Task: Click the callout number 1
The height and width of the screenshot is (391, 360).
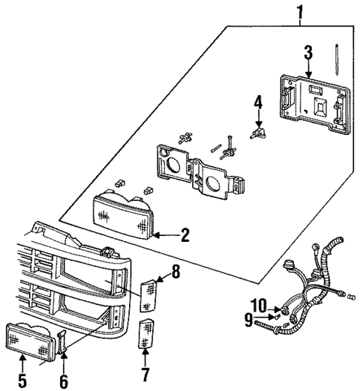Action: click(x=301, y=11)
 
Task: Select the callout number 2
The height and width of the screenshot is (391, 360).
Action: click(x=185, y=236)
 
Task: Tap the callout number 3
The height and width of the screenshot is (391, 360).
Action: click(x=307, y=52)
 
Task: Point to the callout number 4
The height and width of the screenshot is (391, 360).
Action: click(x=258, y=101)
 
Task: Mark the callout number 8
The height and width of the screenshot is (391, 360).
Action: click(x=175, y=272)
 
